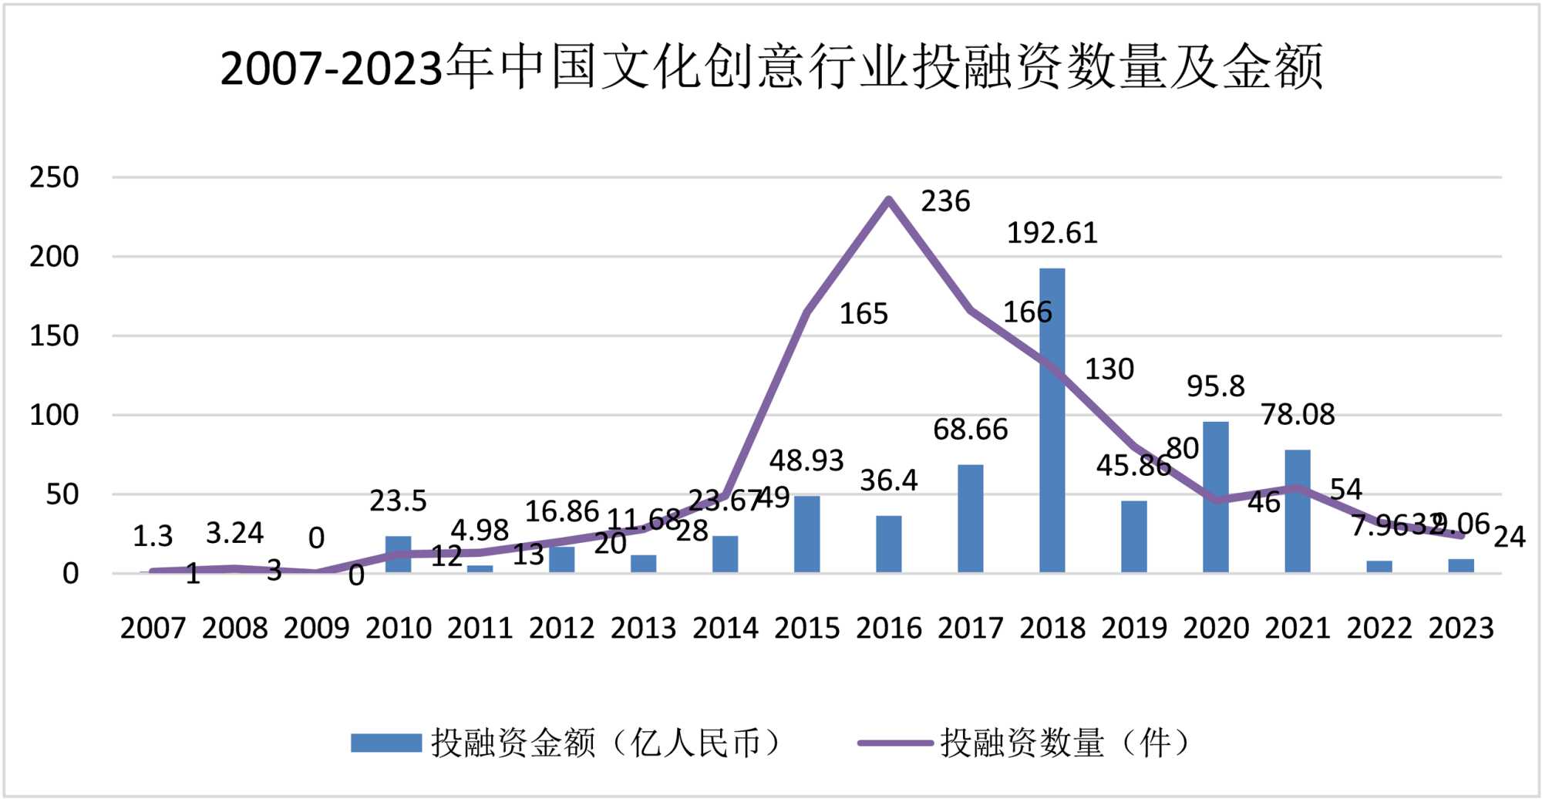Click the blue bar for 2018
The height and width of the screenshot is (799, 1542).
pos(1052,420)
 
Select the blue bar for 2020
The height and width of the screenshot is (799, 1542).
pos(1215,497)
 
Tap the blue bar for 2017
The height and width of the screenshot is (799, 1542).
pos(970,518)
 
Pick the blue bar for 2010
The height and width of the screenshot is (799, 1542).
pos(398,554)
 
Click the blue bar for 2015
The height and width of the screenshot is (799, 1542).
pos(806,534)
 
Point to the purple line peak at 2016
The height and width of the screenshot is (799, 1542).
pos(889,200)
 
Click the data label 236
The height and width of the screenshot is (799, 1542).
pos(945,201)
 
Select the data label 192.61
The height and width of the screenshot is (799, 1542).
pos(1052,233)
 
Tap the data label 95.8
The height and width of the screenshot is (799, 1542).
pos(1215,386)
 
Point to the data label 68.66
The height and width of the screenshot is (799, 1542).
pos(970,430)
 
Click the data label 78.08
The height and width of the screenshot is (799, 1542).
pos(1298,415)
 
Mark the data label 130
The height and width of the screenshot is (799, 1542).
pos(1109,369)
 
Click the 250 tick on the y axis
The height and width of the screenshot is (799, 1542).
pos(54,177)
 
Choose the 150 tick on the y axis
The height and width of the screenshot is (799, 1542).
pos(54,336)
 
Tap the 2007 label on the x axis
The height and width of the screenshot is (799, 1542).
pos(153,628)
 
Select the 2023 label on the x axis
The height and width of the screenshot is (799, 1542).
pos(1461,628)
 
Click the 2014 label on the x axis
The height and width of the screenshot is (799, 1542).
pos(725,628)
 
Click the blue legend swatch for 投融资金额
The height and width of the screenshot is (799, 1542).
pos(385,743)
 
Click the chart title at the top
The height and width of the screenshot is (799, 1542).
pos(771,67)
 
